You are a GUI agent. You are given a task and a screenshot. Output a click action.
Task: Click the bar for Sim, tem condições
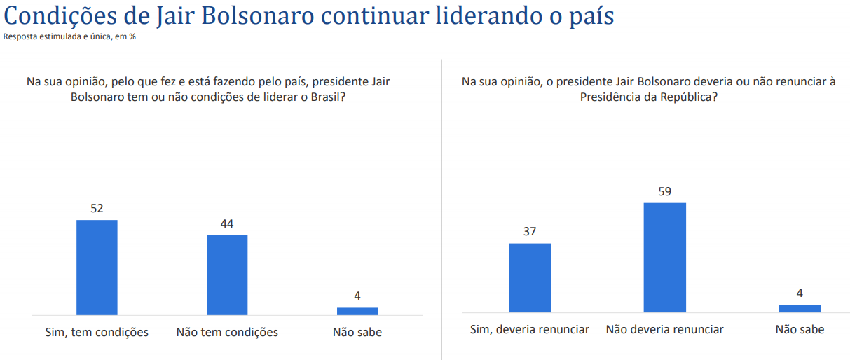97,268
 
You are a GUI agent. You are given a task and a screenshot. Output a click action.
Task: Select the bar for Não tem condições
227,275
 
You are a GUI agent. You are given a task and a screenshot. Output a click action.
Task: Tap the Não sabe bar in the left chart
357,311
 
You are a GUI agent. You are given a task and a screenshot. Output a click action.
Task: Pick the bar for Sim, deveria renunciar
530,277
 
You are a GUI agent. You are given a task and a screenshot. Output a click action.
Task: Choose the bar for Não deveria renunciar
665,257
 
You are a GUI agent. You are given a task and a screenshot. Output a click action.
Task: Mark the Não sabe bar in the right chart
800,308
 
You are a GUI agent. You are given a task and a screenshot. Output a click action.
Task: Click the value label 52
97,208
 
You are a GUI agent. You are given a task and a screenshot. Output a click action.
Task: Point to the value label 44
227,223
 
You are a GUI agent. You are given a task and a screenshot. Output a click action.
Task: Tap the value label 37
530,231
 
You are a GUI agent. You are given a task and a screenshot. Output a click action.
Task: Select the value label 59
665,191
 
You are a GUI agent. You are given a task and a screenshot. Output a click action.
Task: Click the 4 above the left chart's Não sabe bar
357,296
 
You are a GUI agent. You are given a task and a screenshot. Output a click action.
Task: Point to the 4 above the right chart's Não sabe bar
800,293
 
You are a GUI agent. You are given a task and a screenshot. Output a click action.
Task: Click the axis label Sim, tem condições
97,332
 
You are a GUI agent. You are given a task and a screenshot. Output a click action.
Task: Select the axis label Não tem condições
227,332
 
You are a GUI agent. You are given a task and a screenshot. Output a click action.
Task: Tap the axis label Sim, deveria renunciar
530,329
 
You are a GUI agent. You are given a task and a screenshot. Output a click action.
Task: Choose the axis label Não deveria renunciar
665,329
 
